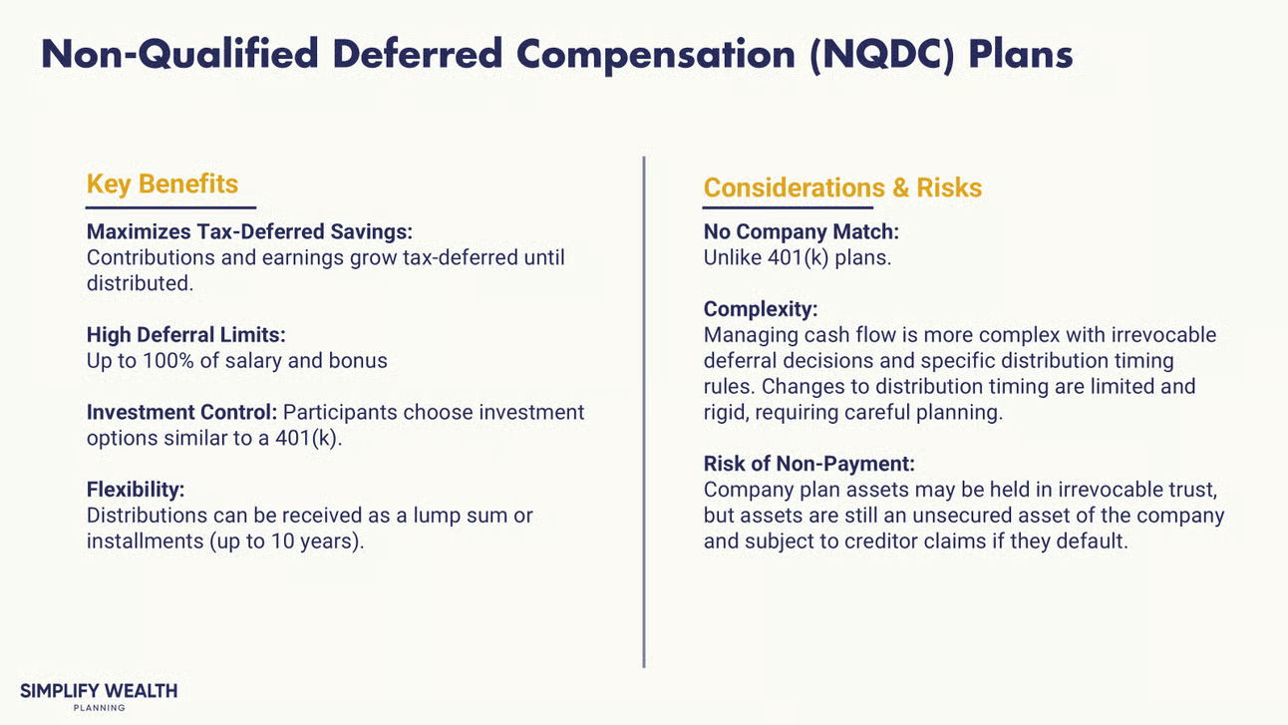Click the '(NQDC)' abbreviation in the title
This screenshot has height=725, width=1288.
(881, 55)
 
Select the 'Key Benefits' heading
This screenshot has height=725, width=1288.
(162, 184)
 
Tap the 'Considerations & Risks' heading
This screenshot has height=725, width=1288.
(842, 187)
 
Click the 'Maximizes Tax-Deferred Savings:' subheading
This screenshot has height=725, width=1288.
(249, 231)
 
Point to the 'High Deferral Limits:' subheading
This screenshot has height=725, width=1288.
(185, 334)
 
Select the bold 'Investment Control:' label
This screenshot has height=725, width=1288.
(181, 412)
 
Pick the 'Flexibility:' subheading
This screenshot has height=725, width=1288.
(136, 489)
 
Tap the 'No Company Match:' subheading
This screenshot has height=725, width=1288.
(801, 231)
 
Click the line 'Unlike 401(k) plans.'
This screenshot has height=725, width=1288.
(797, 257)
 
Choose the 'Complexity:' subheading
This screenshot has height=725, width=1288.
(761, 309)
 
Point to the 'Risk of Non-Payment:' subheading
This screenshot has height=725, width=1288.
(809, 463)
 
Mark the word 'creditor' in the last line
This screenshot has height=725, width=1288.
(881, 541)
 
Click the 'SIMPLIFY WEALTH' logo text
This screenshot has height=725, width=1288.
(99, 690)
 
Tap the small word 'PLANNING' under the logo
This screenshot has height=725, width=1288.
(99, 708)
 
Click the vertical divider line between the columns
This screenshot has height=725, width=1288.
(643, 412)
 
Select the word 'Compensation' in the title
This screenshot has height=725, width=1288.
(656, 55)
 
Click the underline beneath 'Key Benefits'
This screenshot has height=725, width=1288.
(170, 207)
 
